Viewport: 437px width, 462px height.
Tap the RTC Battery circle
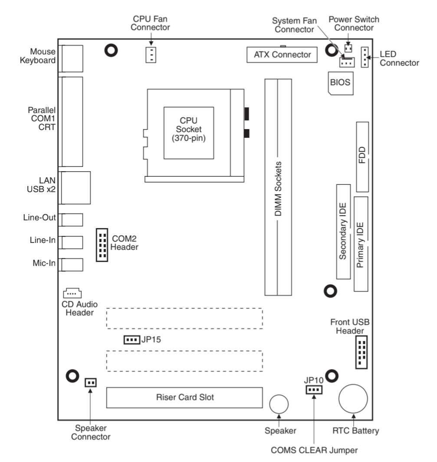click(x=353, y=399)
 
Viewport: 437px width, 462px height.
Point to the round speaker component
click(x=279, y=405)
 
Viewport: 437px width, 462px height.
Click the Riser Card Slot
click(x=185, y=397)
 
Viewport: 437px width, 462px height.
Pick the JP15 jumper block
click(x=131, y=339)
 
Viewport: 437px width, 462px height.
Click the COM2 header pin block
click(x=102, y=246)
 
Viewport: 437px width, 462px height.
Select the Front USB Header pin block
click(x=361, y=352)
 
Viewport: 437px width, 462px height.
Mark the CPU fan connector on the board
click(x=151, y=55)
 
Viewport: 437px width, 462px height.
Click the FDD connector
click(x=362, y=156)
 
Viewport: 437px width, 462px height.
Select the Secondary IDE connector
click(x=343, y=231)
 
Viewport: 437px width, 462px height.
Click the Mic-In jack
click(x=72, y=264)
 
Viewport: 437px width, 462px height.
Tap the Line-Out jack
click(x=72, y=219)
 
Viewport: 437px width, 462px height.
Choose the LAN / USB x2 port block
click(x=76, y=188)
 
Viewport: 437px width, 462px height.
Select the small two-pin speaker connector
click(x=90, y=382)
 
